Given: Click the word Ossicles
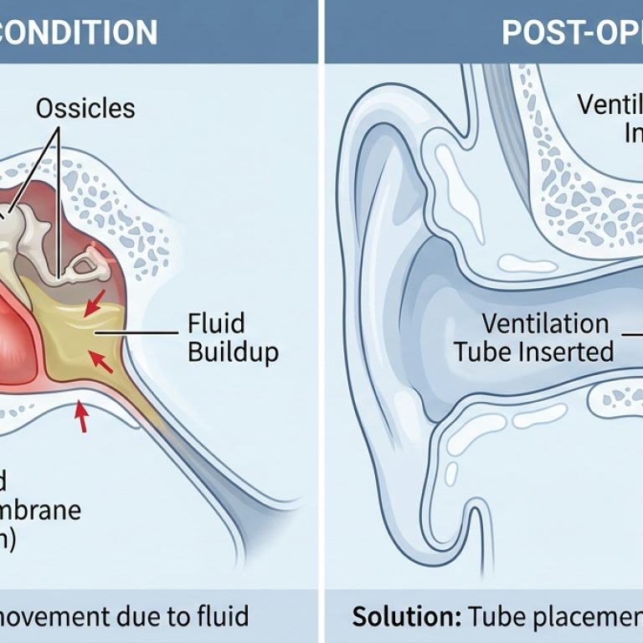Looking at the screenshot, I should tap(85, 109).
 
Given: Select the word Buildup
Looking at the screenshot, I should tap(233, 351).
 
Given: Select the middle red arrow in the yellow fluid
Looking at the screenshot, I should tap(101, 362).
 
